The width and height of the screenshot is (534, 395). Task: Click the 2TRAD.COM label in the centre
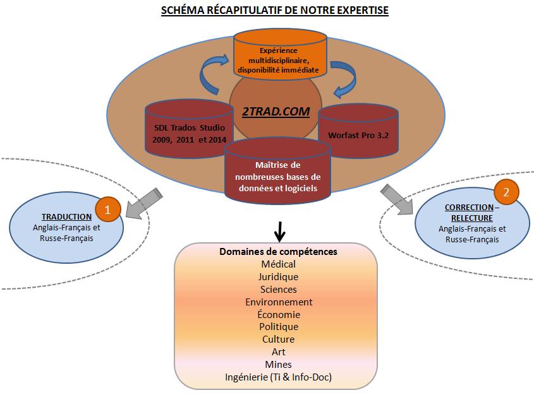click(276, 112)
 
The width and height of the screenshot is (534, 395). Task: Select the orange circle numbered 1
click(108, 209)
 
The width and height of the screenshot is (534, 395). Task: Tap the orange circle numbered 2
click(506, 192)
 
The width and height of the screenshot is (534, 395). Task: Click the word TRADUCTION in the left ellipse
click(67, 216)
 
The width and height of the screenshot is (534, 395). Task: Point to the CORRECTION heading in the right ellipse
click(469, 207)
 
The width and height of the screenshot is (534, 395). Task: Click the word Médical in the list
click(278, 264)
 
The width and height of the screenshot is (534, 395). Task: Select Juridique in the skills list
click(278, 277)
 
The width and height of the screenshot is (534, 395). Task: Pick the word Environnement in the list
click(279, 302)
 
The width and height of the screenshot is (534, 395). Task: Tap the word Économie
click(279, 314)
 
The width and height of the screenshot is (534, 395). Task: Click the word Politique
click(279, 327)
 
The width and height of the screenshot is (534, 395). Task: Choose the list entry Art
click(279, 352)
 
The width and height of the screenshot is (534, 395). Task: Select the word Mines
click(278, 365)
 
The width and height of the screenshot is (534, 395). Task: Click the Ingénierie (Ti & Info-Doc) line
click(278, 377)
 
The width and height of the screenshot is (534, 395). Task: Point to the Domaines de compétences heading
click(278, 252)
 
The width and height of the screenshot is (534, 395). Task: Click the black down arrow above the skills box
click(279, 232)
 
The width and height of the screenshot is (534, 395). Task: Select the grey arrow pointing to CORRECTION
click(397, 199)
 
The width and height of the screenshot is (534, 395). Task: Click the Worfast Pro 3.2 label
click(358, 135)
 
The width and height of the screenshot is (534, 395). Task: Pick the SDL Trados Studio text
click(190, 128)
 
